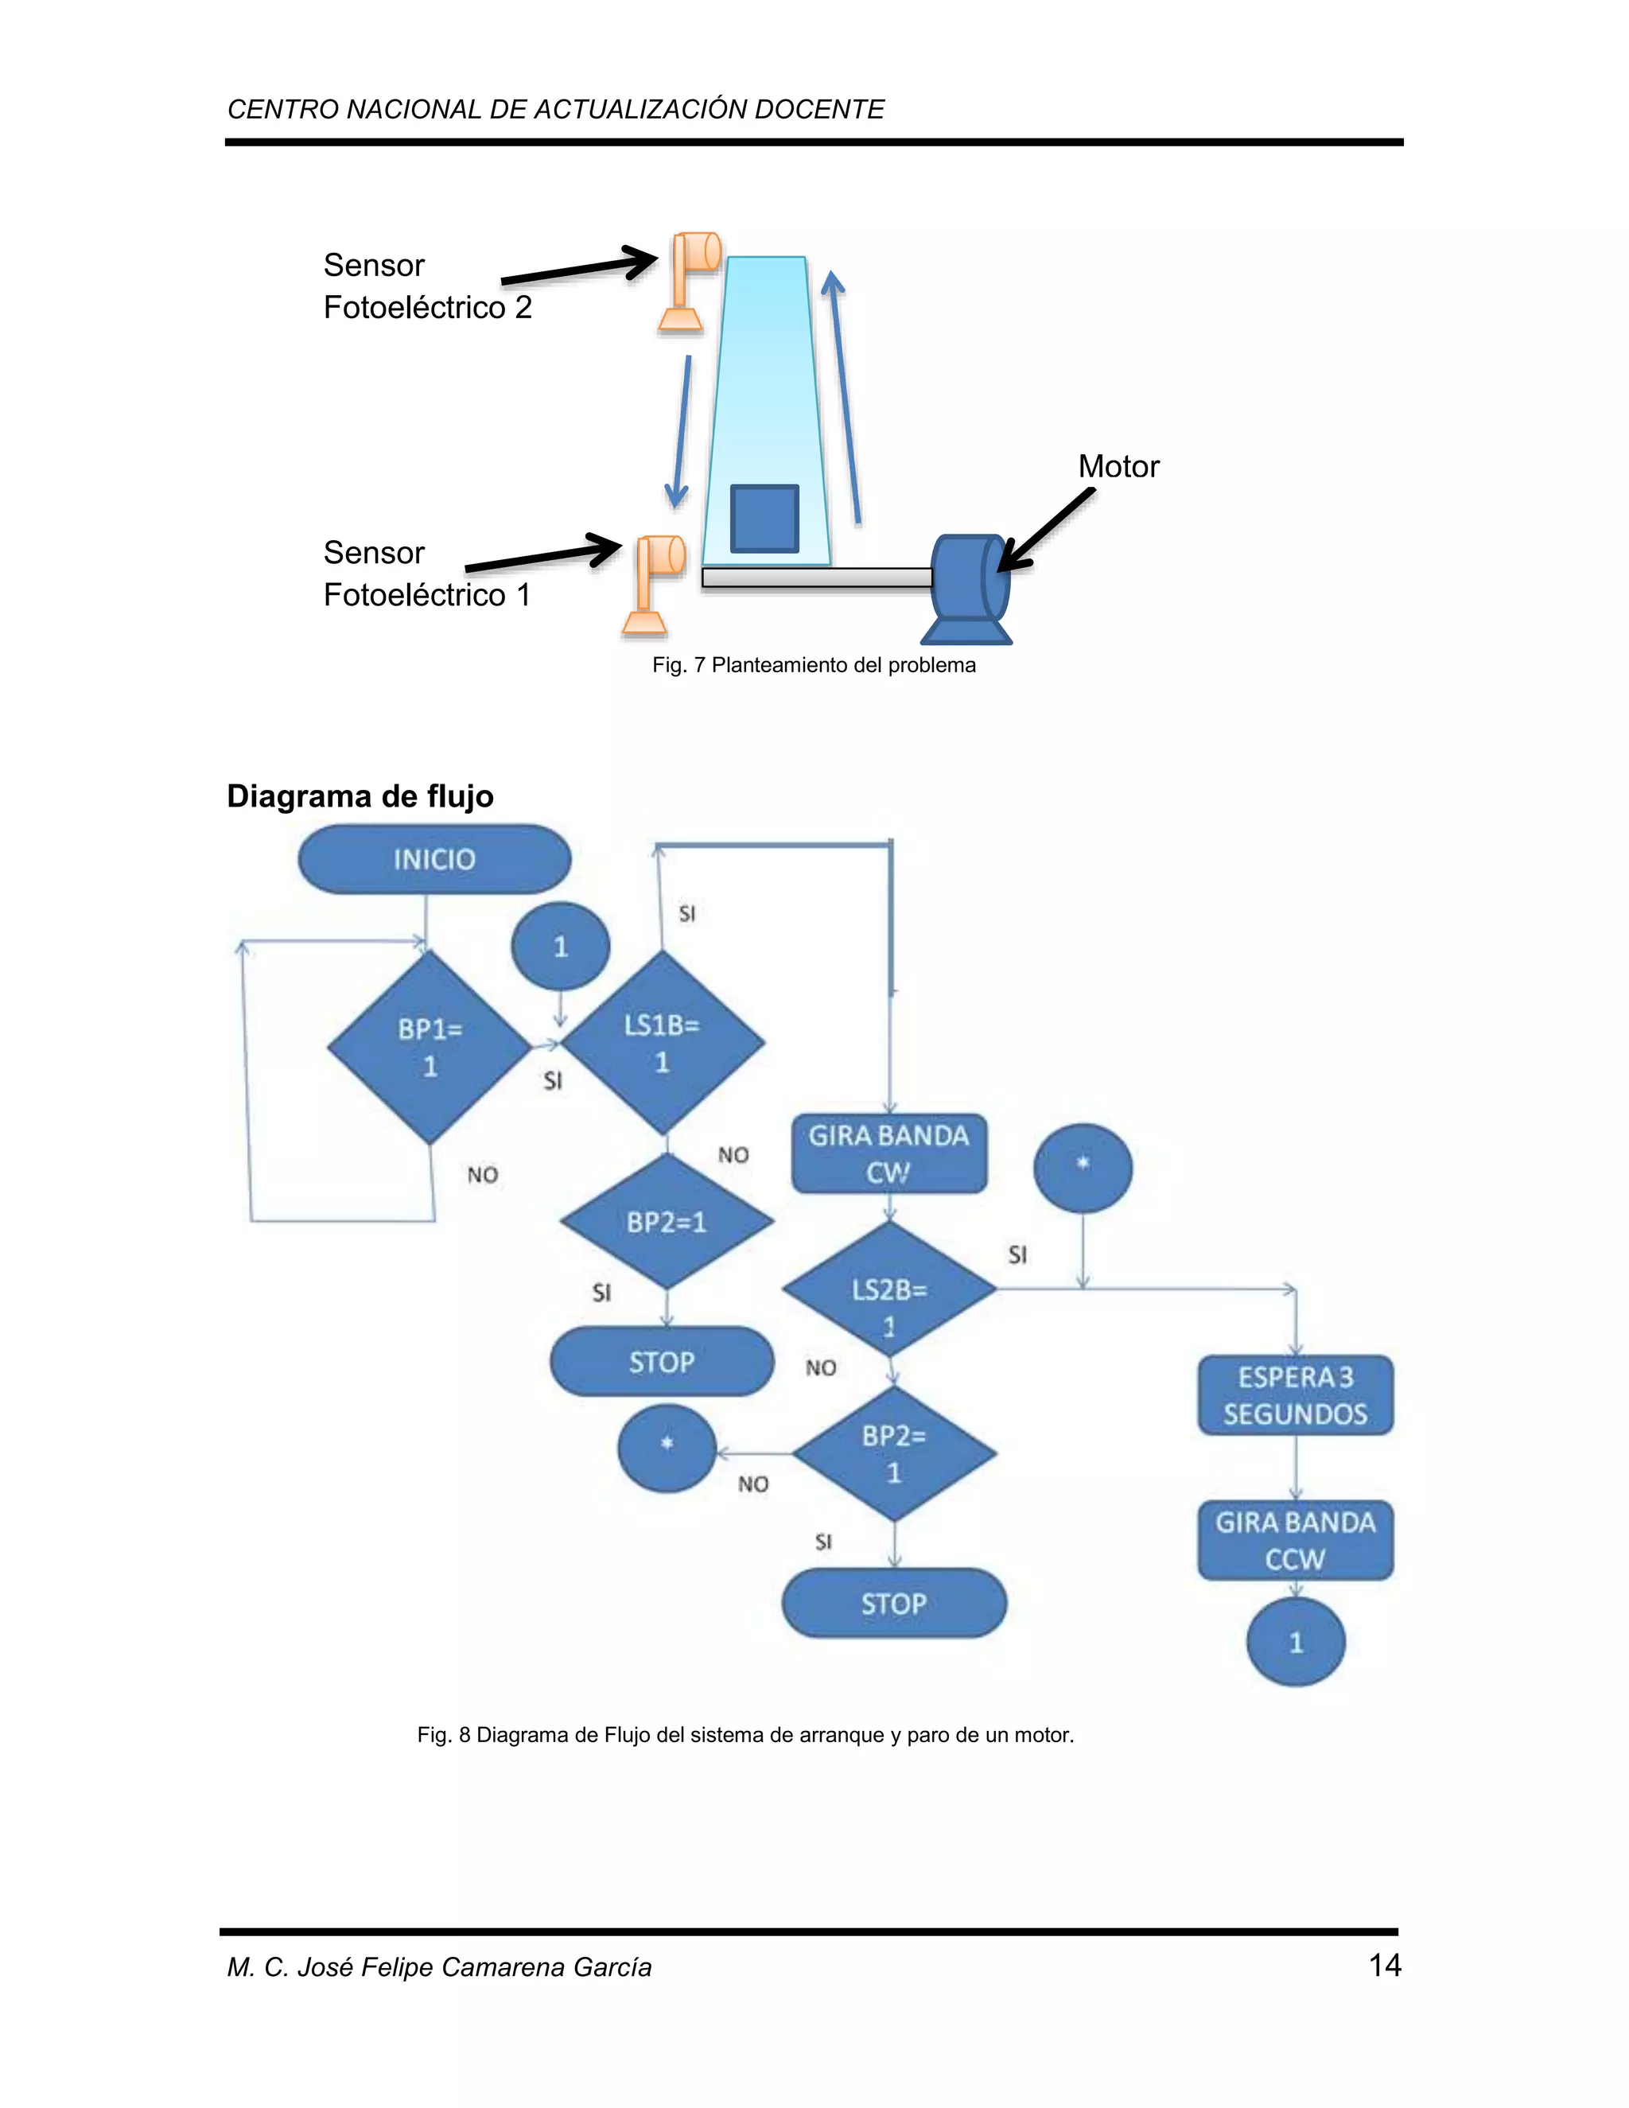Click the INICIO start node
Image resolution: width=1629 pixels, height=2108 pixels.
(434, 859)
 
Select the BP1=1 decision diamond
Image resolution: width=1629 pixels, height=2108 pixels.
(430, 1048)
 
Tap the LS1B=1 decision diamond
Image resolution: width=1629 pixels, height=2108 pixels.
(662, 1042)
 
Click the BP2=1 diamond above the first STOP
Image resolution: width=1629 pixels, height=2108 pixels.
(666, 1222)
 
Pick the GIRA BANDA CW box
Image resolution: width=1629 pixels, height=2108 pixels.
(888, 1154)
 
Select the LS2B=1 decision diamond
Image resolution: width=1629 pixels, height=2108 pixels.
(888, 1289)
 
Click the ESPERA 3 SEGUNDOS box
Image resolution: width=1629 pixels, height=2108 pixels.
(1295, 1396)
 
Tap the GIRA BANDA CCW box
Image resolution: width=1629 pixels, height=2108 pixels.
(1295, 1541)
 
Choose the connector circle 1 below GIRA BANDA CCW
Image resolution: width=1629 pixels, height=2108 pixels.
(1295, 1642)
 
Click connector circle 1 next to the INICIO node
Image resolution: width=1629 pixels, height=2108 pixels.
(561, 946)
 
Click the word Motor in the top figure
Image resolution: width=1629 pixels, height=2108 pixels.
(1118, 466)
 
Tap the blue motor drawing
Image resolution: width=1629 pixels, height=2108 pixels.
(968, 589)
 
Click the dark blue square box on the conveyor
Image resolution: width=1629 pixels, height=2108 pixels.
(764, 519)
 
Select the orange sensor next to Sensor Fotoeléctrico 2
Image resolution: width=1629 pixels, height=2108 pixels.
(690, 280)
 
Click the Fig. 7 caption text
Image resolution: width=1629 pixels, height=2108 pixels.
(814, 665)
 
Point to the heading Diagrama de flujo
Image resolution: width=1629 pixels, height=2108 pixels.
(360, 796)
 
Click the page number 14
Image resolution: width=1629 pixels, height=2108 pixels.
(1384, 1965)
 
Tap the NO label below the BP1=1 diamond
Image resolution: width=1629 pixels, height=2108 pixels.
(483, 1175)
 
